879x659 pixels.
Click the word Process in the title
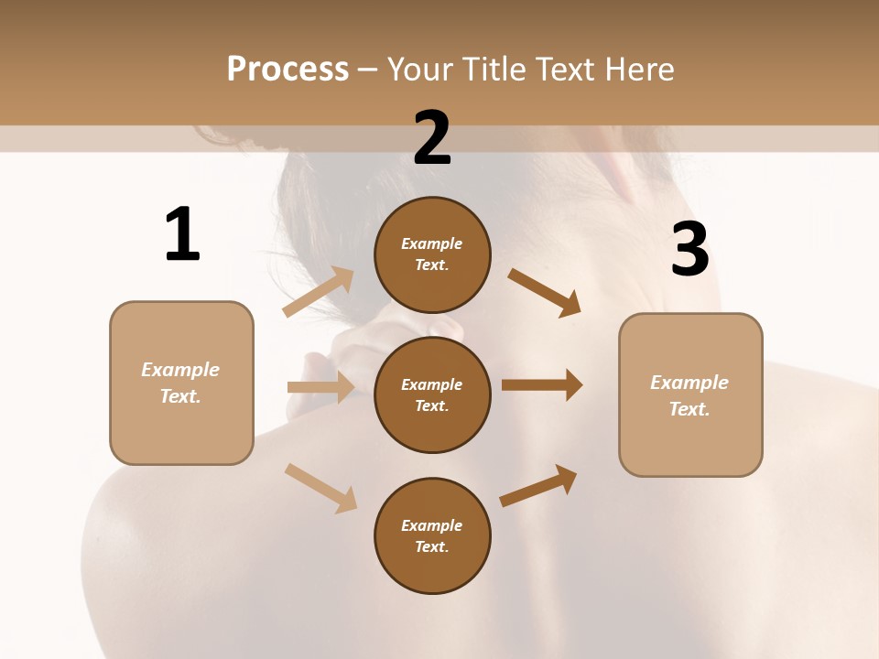point(288,70)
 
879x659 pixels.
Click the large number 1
point(182,234)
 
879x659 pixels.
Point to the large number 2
point(432,138)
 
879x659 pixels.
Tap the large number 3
point(689,250)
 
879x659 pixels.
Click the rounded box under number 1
point(181,383)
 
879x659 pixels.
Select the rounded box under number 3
point(690,395)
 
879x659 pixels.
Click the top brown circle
point(432,254)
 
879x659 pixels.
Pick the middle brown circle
point(432,395)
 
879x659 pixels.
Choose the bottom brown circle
point(432,536)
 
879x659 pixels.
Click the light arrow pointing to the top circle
point(319,291)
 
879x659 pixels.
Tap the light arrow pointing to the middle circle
point(320,387)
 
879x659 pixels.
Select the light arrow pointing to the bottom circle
point(320,487)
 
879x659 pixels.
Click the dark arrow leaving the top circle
point(544,292)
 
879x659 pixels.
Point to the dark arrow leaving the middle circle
point(542,384)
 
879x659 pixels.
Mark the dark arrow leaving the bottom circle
point(538,485)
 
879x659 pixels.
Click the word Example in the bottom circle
point(432,525)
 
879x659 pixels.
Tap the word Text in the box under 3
point(688,409)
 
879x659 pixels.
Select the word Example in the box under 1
point(180,370)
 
